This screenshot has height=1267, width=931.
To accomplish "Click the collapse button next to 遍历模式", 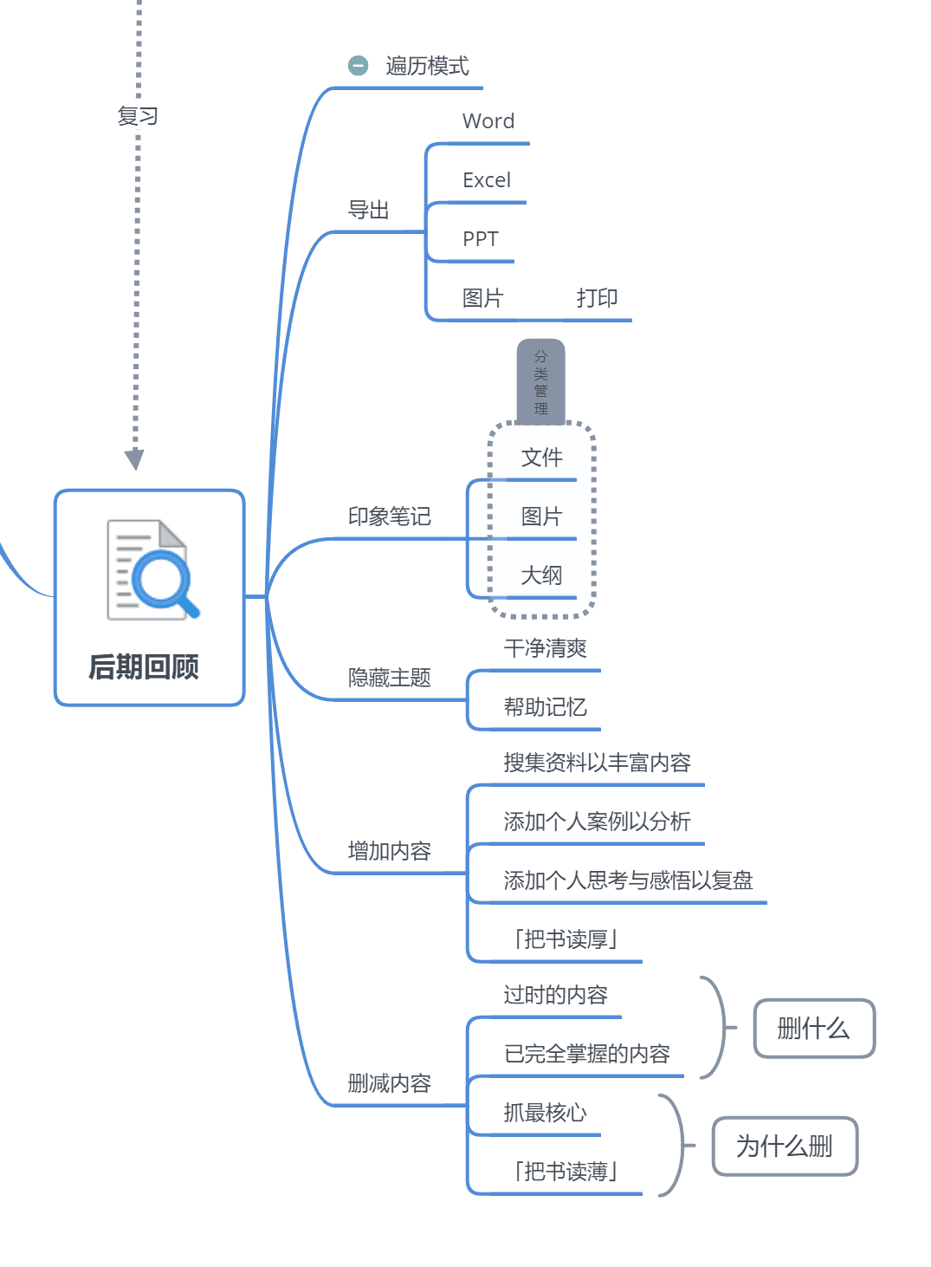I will click(x=358, y=66).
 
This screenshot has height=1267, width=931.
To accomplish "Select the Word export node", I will click(x=488, y=121).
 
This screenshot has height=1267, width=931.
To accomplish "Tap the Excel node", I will click(x=487, y=180).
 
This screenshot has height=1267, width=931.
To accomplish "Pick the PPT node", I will click(x=481, y=239).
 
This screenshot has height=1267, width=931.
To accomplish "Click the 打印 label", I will click(x=597, y=298).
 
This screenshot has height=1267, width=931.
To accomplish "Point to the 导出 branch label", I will click(x=368, y=210).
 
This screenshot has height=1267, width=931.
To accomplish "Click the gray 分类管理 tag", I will click(x=540, y=381).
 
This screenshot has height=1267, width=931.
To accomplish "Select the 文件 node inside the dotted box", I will click(x=541, y=458).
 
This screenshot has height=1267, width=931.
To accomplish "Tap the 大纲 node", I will click(x=541, y=575).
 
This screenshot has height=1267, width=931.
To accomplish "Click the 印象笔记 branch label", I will click(x=389, y=517).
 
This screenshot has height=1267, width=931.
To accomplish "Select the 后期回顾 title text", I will click(x=144, y=666).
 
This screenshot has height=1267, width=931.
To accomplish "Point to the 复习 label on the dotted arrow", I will click(x=138, y=116).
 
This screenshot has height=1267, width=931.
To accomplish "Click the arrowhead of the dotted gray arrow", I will click(x=134, y=459).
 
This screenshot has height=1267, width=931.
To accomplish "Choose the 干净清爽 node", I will click(x=545, y=648).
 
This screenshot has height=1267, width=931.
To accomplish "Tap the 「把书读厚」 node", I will click(x=566, y=939).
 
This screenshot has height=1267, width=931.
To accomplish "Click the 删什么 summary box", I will click(x=814, y=1029).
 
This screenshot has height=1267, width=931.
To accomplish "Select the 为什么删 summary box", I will click(x=785, y=1147).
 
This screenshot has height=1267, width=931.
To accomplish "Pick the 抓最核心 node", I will click(x=545, y=1113).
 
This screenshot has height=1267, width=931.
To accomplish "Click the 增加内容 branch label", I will click(x=389, y=851).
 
